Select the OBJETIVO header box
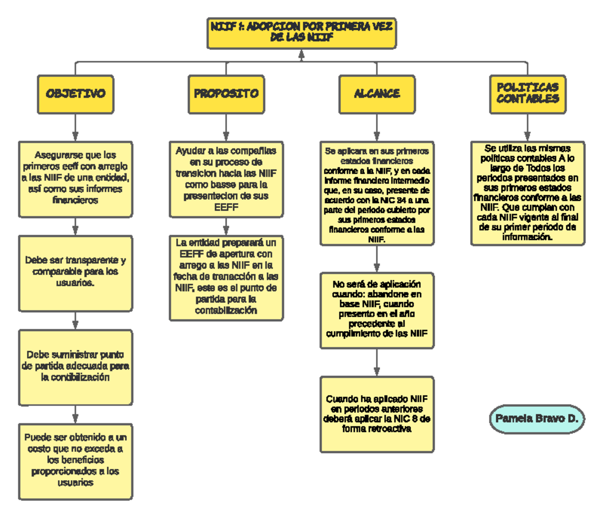pos(75,94)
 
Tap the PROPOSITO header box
pos(226,94)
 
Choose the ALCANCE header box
pos(377,94)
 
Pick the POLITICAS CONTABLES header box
pos(528,94)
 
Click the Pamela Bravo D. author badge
pos(537,419)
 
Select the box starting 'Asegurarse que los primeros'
pos(75,178)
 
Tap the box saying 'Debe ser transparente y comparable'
pos(75,273)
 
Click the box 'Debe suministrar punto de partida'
pos(75,367)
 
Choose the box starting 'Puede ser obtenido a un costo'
pos(75,461)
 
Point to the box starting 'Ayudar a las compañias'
pos(226,179)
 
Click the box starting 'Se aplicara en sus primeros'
pos(377,193)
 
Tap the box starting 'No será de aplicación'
pos(377,310)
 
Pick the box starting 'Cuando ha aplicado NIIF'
pos(377,414)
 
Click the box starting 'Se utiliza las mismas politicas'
pos(528,193)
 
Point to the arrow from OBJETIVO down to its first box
pos(75,128)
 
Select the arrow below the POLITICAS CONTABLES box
pos(527,128)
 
